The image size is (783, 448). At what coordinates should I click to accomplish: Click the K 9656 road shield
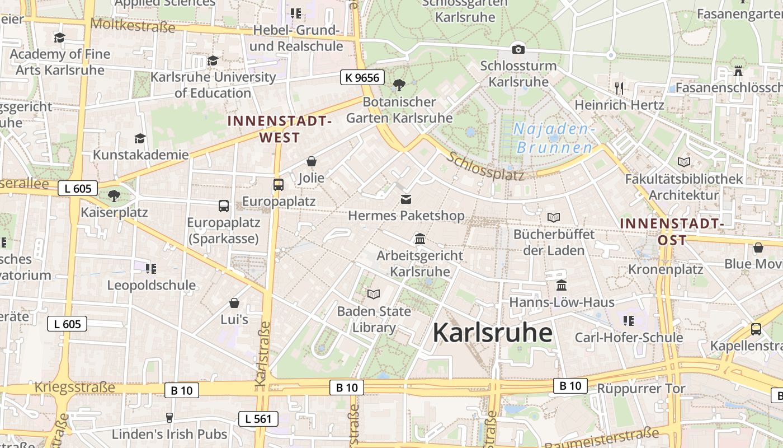[x=362, y=77]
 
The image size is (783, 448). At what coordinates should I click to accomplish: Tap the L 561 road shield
[x=258, y=418]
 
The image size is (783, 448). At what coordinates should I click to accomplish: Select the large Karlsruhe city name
[x=492, y=333]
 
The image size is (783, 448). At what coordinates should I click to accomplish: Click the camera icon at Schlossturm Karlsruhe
[x=518, y=49]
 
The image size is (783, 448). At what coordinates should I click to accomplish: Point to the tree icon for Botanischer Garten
[x=399, y=85]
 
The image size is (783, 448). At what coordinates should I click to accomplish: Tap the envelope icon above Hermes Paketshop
[x=406, y=199]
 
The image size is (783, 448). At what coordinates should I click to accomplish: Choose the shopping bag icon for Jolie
[x=312, y=161]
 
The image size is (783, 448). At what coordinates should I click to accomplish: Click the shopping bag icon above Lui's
[x=234, y=303]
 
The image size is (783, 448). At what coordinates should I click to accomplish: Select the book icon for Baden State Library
[x=374, y=294]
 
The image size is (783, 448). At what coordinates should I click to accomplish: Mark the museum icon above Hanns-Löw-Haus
[x=562, y=286]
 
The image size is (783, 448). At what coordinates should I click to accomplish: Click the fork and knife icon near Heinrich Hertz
[x=619, y=88]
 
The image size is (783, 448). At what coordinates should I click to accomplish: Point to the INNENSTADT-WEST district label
[x=280, y=129]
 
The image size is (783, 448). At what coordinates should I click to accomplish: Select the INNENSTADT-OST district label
[x=672, y=231]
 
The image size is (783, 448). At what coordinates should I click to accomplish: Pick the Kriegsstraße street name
[x=74, y=388]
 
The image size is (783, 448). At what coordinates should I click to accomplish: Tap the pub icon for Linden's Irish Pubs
[x=169, y=417]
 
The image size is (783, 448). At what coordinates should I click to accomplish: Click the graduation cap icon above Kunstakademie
[x=140, y=138]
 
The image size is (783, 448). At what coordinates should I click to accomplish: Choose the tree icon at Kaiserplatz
[x=114, y=195]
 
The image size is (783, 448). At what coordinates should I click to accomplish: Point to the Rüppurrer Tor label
[x=641, y=388]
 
